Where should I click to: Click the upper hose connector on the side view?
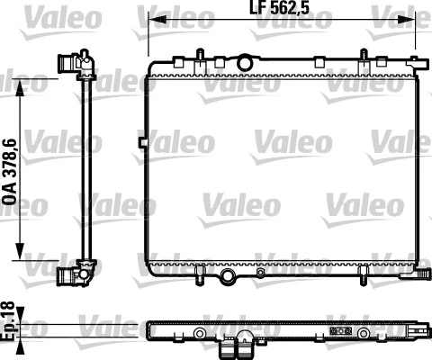[67, 63]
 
